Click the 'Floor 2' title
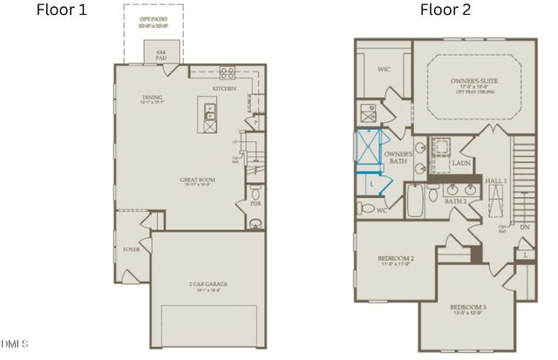pyautogui.click(x=445, y=10)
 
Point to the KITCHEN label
pyautogui.click(x=225, y=89)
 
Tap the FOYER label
pyautogui.click(x=132, y=249)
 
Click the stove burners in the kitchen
pyautogui.click(x=227, y=73)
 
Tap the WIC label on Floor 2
pyautogui.click(x=384, y=68)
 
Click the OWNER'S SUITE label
pyautogui.click(x=475, y=82)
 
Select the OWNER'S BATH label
pyautogui.click(x=398, y=158)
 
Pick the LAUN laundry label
pyautogui.click(x=462, y=163)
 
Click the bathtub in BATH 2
pyautogui.click(x=416, y=202)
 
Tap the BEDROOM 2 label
pyautogui.click(x=394, y=259)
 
